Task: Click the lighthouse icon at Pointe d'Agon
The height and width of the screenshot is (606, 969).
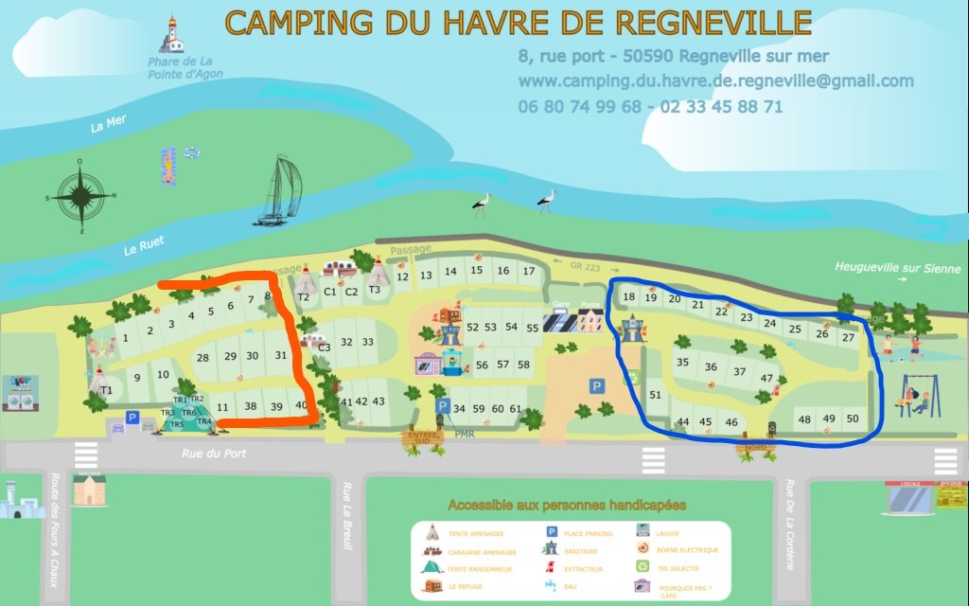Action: point(171,34)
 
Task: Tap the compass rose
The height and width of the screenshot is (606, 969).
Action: point(81,196)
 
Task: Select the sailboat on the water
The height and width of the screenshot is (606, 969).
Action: point(279,191)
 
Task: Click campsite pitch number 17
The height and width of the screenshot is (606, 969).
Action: point(529,271)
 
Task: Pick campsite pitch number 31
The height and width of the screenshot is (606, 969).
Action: point(281,355)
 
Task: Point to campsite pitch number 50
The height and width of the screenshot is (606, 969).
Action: point(853,419)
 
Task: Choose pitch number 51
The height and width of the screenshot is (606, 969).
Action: point(655,396)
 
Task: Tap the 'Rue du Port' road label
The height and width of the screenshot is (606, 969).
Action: point(214,454)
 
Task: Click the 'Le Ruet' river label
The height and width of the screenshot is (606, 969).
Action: point(144,247)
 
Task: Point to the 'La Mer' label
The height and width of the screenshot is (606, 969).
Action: point(108,127)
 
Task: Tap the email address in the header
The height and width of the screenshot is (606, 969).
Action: point(716,81)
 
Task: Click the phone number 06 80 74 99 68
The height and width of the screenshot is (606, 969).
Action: point(579,107)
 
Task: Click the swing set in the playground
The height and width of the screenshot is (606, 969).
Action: point(919,397)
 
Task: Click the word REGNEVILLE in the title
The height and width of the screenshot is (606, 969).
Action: point(709,21)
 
